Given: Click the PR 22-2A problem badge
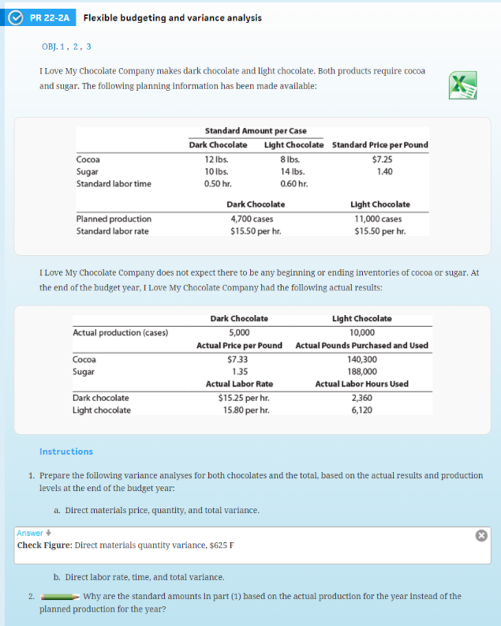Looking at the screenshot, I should pos(41,18).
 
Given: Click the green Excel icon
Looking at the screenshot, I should pos(462,84).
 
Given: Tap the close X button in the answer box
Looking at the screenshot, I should pos(481,536).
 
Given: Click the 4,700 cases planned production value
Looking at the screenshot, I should pos(252,219).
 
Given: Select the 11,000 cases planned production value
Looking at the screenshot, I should pos(379,219).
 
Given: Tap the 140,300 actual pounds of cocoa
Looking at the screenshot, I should pos(362,359).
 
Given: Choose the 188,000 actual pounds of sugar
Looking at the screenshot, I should pos(362,371).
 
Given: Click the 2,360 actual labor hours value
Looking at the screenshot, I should pos(362,398).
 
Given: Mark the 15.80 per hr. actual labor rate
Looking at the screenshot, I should pos(239,410).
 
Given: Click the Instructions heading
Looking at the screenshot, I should pos(66,452).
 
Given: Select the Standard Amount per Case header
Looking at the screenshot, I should pos(255,131).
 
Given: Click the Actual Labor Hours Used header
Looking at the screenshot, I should pos(362,384).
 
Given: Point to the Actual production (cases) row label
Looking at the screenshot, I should pos(120,333).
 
